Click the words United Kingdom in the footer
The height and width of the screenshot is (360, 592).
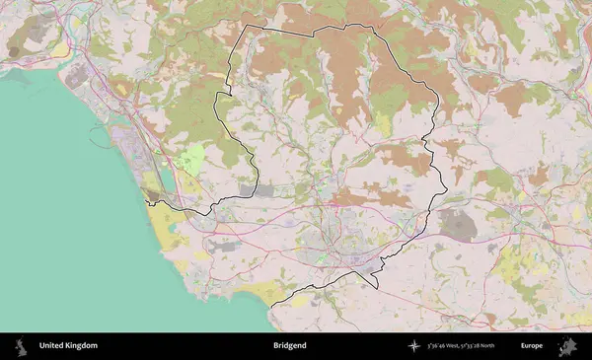click(68, 346)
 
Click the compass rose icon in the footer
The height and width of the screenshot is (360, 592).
click(415, 346)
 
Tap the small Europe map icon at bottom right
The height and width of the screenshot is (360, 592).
click(567, 346)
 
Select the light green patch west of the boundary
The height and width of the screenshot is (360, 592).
click(193, 159)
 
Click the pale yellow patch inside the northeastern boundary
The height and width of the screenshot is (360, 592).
click(383, 123)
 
